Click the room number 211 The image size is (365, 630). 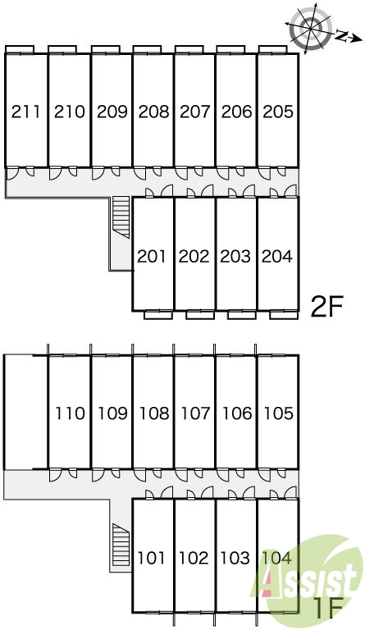point(26,112)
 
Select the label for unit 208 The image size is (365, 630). point(153,112)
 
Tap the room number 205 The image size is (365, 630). point(278,112)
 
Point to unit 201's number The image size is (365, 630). point(152,256)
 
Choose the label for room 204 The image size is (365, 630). point(277,256)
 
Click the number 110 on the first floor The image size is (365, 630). point(71,413)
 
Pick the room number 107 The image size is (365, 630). point(195,413)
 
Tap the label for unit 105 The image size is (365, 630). point(278,413)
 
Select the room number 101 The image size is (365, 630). point(152,558)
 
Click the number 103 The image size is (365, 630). point(235,558)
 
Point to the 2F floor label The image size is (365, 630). point(326,307)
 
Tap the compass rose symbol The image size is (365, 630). point(310,28)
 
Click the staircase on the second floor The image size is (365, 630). point(121,217)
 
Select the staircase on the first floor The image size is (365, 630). point(121,545)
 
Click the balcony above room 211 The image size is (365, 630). point(20,49)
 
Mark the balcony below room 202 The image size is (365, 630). point(200,315)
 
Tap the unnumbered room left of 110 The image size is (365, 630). point(25,412)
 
